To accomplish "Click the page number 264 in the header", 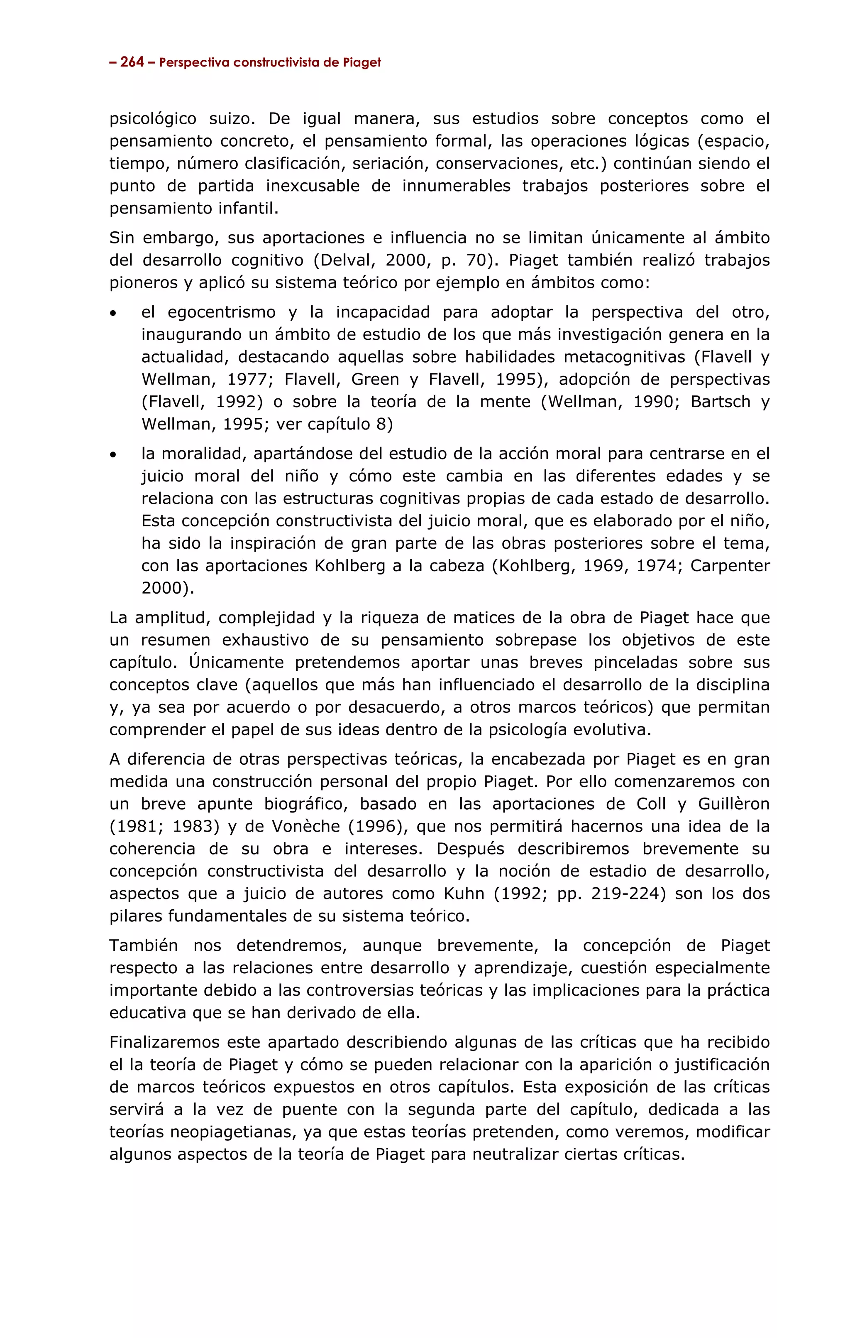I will click(x=132, y=62).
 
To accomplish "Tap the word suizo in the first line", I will click(x=232, y=119).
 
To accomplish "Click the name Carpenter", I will click(x=730, y=566).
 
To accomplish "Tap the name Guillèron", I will click(x=733, y=805).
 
